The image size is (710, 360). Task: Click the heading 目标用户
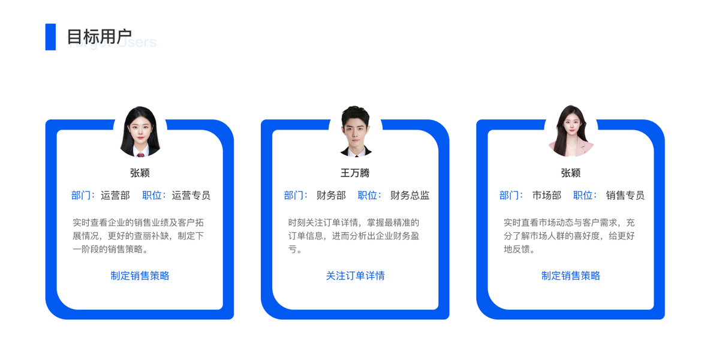click(99, 36)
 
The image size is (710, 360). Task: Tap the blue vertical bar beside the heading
click(50, 37)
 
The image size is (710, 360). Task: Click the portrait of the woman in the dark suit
click(140, 131)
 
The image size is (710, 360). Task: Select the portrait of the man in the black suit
click(355, 131)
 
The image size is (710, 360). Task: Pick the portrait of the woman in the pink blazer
click(570, 131)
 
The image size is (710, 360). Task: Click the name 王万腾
click(355, 173)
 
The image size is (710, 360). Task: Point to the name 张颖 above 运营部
click(140, 173)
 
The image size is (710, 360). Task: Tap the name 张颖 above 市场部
click(570, 173)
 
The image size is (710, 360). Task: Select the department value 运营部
click(115, 196)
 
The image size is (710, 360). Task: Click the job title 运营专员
click(191, 196)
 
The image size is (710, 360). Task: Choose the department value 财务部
click(331, 196)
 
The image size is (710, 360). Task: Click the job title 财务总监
click(410, 196)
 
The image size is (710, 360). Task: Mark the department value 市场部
click(546, 196)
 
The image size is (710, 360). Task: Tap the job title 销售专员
click(625, 196)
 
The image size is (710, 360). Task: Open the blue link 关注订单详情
click(355, 276)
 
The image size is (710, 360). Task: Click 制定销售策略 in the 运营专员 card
click(140, 276)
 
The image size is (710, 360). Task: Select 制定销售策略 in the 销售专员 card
click(570, 276)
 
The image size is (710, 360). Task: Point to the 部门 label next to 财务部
click(295, 196)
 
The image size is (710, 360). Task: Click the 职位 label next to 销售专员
click(584, 196)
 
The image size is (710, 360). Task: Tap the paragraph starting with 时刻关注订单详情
click(354, 236)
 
